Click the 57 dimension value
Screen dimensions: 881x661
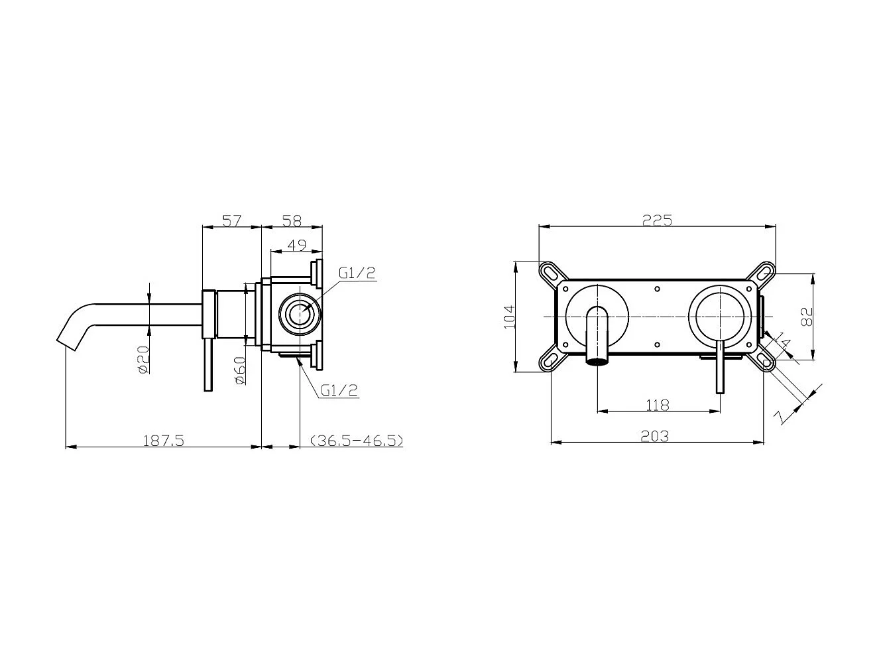click(232, 220)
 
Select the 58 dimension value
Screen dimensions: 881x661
click(292, 220)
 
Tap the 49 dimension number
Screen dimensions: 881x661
click(297, 245)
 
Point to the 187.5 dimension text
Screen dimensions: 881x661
click(163, 441)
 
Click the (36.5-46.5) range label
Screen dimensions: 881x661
click(357, 441)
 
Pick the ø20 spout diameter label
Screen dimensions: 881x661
click(144, 360)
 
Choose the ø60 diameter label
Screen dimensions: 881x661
click(239, 370)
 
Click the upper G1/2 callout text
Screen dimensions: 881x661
click(357, 273)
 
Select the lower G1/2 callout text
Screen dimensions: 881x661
click(339, 390)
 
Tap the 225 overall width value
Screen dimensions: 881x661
click(657, 220)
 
